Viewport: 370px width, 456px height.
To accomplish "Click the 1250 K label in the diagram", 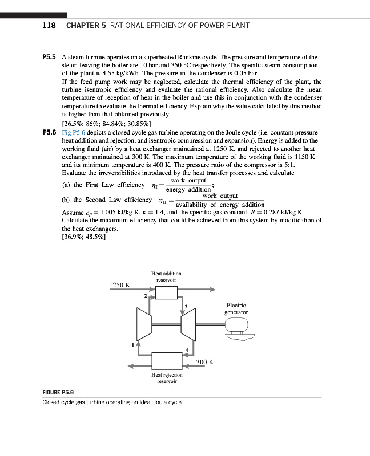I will tap(120, 284).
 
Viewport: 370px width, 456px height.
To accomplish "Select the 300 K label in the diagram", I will tap(204, 362).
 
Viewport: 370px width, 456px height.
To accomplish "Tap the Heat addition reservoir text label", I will tap(166, 277).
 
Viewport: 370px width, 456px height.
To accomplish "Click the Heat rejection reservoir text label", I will tap(167, 378).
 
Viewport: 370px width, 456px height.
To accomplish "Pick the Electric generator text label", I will tap(236, 309).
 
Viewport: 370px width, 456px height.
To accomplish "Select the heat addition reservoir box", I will tap(166, 293).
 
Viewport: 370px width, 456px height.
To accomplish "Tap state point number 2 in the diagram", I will tap(145, 296).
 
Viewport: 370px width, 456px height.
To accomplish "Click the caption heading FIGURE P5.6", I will tap(58, 393).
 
